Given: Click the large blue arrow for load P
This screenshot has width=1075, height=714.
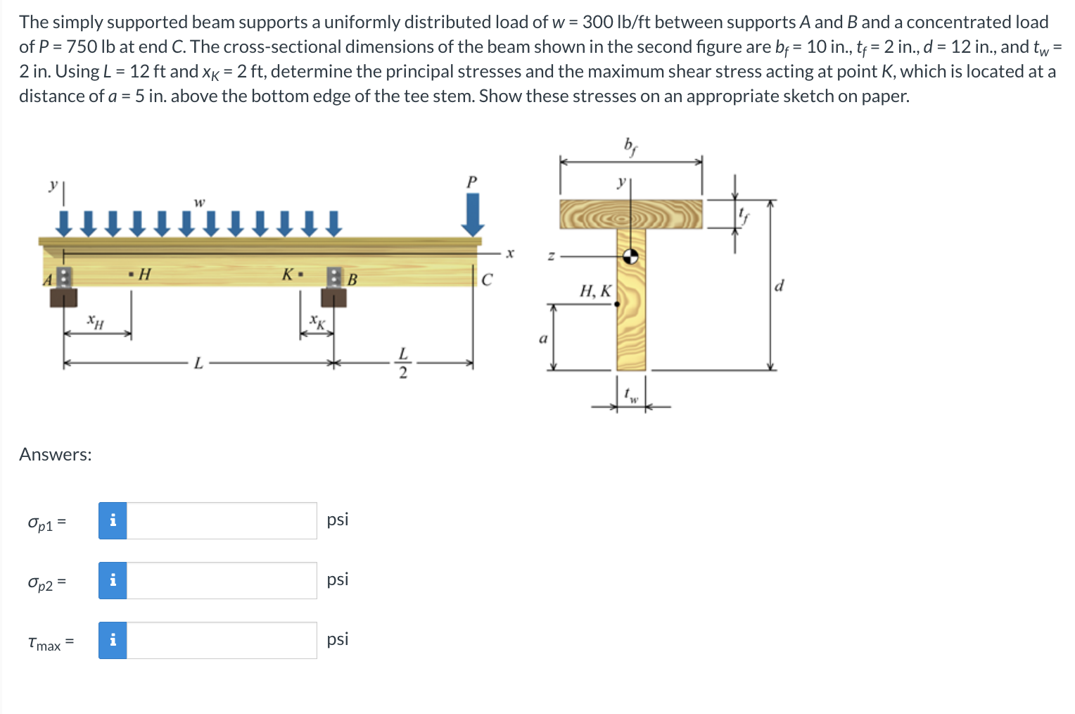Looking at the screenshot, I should [x=473, y=215].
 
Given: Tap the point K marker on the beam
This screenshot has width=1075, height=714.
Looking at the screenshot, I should [x=300, y=274].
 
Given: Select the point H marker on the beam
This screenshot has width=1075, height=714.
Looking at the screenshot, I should [x=132, y=273].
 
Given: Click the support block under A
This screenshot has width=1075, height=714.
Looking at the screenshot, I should [x=63, y=297].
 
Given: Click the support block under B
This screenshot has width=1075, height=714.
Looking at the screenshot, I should [x=333, y=297].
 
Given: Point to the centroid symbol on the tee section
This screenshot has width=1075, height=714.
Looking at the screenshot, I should [x=631, y=257].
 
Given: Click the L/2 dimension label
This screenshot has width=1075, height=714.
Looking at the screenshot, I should [x=402, y=363].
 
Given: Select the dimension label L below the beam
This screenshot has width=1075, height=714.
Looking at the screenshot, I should [x=198, y=363].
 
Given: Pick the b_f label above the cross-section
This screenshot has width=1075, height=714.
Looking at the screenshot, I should [x=630, y=146].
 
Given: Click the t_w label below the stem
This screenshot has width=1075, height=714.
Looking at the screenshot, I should [x=632, y=396].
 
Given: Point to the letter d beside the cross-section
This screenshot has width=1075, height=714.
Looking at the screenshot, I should [x=779, y=285].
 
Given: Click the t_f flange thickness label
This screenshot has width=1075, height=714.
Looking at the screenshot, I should [x=743, y=215].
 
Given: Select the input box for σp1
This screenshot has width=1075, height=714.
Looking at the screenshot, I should [x=222, y=521].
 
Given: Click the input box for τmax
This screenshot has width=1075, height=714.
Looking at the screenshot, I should [x=222, y=641].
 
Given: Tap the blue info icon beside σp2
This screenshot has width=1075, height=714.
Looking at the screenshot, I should [x=113, y=581].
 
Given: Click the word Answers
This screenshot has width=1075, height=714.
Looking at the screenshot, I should [x=55, y=455].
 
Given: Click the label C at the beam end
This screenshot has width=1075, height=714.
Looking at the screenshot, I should [x=487, y=280].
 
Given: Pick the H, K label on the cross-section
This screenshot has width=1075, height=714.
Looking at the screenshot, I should [x=595, y=290].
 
